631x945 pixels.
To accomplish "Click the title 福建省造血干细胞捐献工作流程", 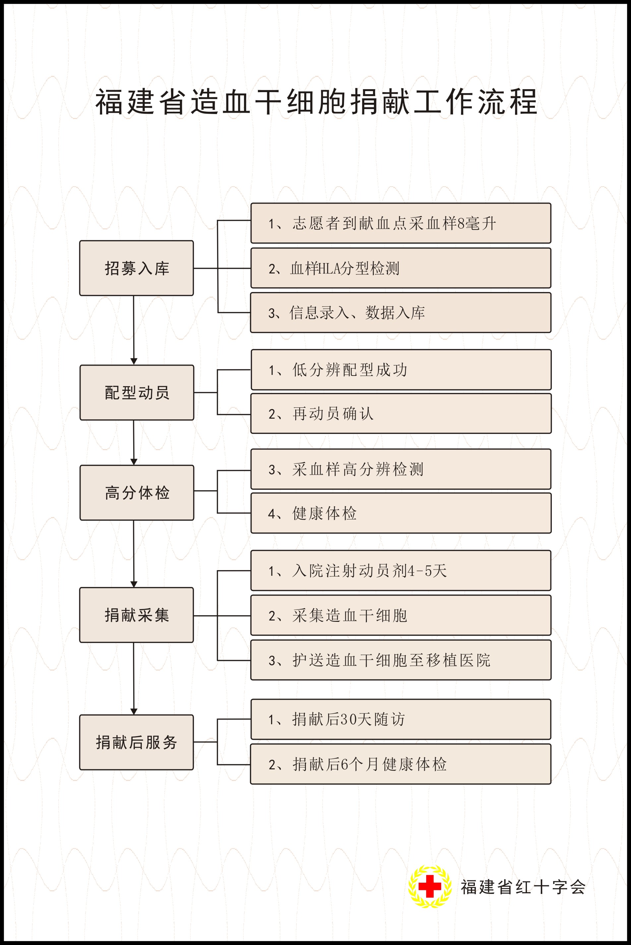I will [x=316, y=102].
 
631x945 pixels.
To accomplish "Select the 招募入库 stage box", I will [x=137, y=268].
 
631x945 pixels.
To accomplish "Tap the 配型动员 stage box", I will [x=137, y=392].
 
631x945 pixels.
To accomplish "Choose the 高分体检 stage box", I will [x=137, y=493].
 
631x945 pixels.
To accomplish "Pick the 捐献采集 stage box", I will [x=137, y=615].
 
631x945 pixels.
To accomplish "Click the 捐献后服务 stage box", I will [x=137, y=742].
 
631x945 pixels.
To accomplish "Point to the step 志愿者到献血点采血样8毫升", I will [x=401, y=223].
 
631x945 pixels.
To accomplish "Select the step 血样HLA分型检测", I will [x=401, y=268].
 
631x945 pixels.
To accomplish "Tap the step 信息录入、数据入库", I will [x=401, y=313].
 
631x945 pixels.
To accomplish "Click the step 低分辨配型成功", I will [x=401, y=370].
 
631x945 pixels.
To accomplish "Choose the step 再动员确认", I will [x=401, y=413].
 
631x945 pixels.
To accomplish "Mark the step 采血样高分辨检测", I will [x=401, y=469].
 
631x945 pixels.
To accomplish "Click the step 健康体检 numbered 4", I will [x=401, y=513].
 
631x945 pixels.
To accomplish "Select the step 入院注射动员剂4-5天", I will [x=401, y=570].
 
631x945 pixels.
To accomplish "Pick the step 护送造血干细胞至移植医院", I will [x=401, y=660].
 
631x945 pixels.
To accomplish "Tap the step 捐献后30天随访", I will [x=401, y=719].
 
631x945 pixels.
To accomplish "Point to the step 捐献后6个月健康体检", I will [x=401, y=764].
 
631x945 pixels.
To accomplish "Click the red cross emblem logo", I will [x=430, y=886].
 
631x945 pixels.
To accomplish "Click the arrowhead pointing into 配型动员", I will [x=134, y=361].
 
